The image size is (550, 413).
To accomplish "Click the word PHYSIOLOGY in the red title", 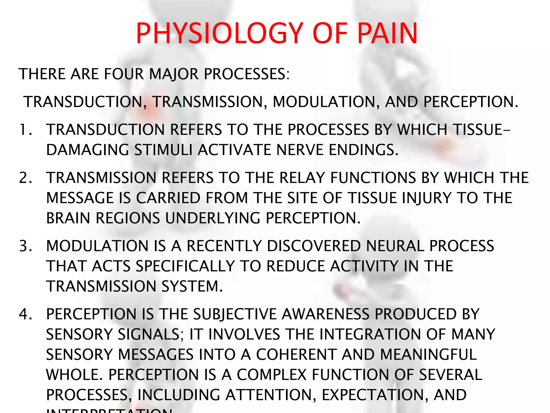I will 219,33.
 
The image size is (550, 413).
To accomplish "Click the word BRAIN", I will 68,218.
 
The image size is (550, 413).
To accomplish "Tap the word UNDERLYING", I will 212,218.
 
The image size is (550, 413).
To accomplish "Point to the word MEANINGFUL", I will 429,354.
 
